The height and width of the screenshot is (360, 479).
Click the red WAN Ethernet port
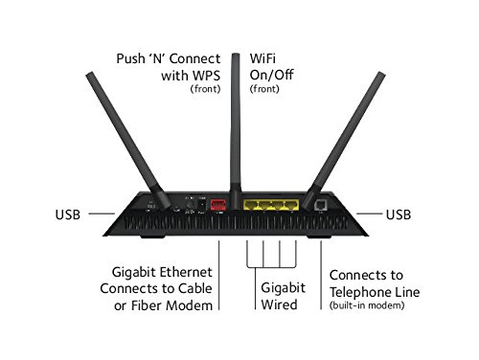point(218,205)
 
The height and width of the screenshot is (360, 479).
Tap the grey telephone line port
point(320,205)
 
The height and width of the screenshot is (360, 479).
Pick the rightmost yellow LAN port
point(291,205)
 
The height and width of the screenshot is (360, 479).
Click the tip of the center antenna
point(236,55)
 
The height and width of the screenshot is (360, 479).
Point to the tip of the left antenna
point(90,74)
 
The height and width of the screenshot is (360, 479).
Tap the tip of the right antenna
point(381,74)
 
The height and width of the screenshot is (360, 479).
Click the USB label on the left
point(68,214)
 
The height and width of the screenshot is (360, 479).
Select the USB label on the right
point(399,214)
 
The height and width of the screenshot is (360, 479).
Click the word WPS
point(207,76)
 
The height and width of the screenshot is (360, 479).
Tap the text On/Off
point(271,75)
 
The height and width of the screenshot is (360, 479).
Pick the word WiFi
point(262,58)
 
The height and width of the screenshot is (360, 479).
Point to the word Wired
point(279,304)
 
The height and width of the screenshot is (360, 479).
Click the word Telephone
point(360,292)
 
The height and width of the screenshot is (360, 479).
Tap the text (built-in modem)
point(367,305)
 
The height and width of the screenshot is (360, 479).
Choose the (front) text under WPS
point(205,89)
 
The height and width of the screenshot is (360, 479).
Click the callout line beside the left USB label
point(102,214)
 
